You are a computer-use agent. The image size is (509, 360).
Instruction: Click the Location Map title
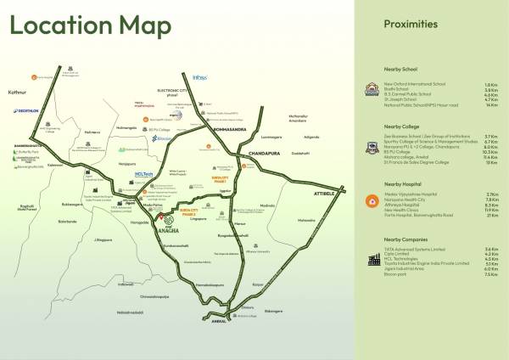pos(90,25)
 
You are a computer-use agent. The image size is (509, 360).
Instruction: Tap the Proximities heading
pos(411,24)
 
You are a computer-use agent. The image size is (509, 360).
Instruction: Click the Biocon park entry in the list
pos(398,274)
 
